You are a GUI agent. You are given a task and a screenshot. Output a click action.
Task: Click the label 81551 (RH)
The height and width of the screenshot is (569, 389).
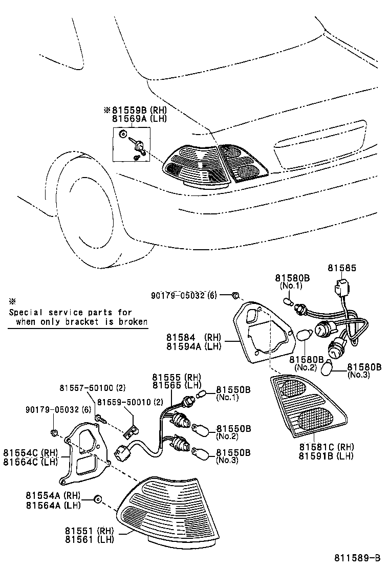pyautogui.click(x=89, y=531)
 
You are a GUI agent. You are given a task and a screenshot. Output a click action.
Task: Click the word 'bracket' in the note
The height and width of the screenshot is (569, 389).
pyautogui.click(x=93, y=322)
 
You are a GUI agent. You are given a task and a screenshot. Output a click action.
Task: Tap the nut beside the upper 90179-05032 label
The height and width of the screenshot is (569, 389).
pyautogui.click(x=234, y=295)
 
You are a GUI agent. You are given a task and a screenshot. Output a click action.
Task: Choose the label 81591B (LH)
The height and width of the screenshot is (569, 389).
pyautogui.click(x=326, y=455)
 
